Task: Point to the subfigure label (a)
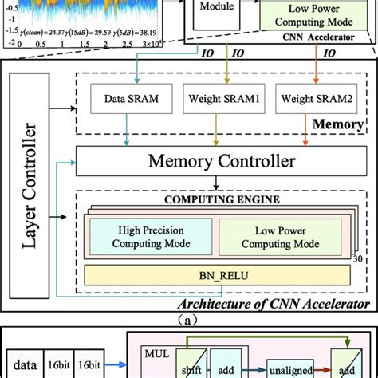pos(189,316)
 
